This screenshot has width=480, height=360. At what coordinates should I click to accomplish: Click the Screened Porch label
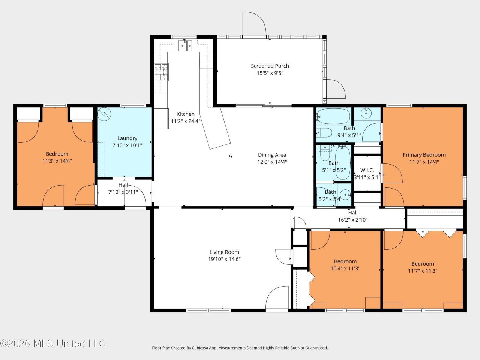click(270, 66)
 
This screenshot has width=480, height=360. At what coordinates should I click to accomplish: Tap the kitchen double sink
click(185, 46)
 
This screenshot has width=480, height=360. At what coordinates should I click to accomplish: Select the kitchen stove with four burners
click(161, 72)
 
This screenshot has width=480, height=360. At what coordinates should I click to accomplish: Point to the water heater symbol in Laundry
click(104, 114)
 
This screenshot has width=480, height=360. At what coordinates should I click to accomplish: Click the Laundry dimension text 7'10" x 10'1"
click(127, 145)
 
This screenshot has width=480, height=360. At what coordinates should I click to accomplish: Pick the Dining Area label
click(272, 155)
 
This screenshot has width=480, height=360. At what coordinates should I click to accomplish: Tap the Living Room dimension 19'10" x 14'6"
click(224, 259)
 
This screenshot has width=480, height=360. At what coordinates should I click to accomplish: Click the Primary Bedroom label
click(424, 155)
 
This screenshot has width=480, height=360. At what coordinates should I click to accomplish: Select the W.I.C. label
click(367, 170)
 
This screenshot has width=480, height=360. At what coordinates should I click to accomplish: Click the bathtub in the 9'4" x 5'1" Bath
click(333, 116)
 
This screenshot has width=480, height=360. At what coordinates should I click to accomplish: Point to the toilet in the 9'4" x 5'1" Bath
click(324, 133)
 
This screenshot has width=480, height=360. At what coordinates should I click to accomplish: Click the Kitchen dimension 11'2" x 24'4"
click(186, 121)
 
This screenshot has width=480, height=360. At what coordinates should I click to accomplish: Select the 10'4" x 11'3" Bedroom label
click(345, 261)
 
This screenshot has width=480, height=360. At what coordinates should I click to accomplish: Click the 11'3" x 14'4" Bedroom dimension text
click(57, 161)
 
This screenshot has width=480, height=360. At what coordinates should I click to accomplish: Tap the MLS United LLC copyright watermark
click(53, 343)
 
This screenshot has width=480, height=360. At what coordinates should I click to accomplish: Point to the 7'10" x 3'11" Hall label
click(123, 185)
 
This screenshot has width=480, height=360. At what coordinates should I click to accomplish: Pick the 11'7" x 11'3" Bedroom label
click(423, 264)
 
